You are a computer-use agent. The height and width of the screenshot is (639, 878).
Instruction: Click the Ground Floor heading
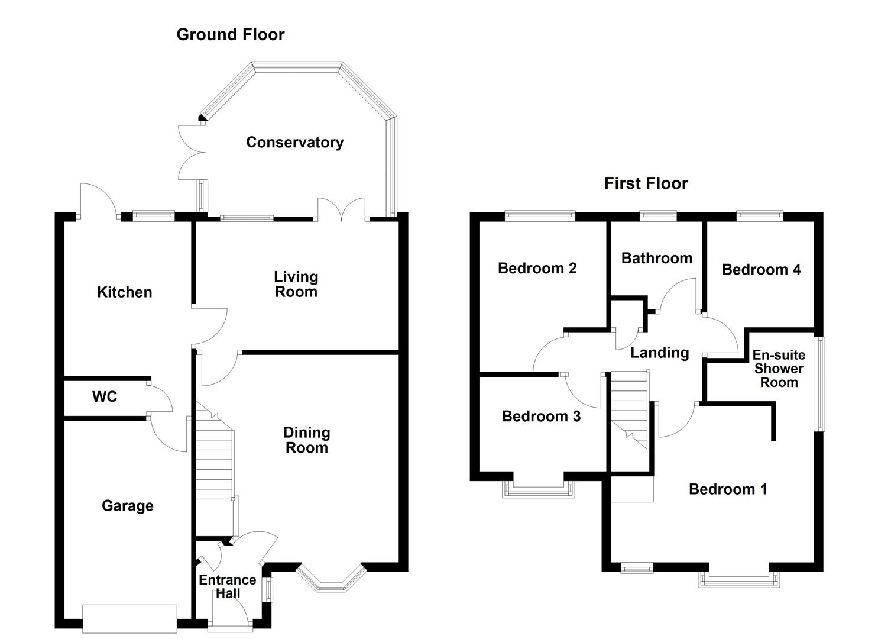click(x=231, y=34)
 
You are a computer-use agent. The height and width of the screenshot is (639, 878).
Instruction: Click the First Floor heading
click(x=646, y=183)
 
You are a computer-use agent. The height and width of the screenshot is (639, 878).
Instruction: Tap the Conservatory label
click(x=294, y=142)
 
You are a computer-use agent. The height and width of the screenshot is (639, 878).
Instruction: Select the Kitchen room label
click(x=124, y=292)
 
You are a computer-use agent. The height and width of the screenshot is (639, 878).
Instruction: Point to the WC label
click(x=105, y=396)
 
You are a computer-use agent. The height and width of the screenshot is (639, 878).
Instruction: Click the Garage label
click(x=127, y=505)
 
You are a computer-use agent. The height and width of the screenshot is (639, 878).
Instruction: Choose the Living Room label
click(x=296, y=284)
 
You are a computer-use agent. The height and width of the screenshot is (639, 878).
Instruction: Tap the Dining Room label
click(x=306, y=440)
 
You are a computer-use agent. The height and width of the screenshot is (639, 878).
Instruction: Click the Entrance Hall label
click(x=227, y=586)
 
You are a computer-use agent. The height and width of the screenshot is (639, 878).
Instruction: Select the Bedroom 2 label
click(x=537, y=268)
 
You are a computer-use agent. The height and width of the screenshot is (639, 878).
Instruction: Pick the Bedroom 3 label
click(x=541, y=416)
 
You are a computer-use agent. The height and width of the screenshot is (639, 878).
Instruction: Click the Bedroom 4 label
click(x=761, y=269)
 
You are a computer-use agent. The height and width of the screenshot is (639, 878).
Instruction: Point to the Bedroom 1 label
click(x=727, y=489)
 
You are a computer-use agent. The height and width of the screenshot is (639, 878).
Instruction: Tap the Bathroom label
click(x=656, y=258)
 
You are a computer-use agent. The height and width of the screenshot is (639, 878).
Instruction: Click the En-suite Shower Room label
click(x=779, y=368)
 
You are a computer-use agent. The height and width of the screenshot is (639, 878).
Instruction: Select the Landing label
click(x=659, y=353)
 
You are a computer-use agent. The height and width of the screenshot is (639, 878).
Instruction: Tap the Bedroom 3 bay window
click(x=538, y=488)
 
